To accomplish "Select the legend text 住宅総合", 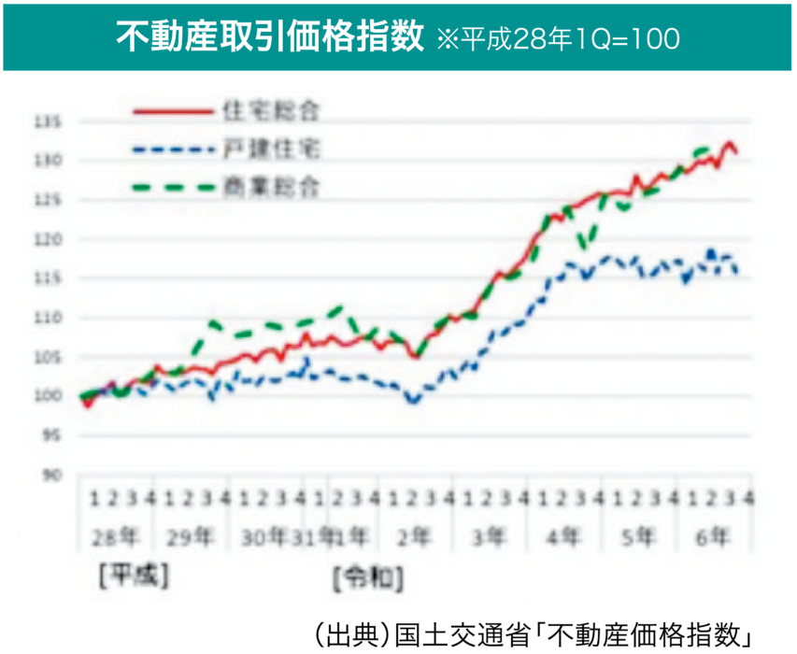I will (271, 110).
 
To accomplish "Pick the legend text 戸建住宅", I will (271, 149).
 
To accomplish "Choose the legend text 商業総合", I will (271, 187).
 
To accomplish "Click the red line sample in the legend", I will (174, 111).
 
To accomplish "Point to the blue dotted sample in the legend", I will (174, 149).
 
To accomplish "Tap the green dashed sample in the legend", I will (174, 188).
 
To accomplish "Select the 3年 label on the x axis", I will (487, 537).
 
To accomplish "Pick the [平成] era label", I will (134, 577).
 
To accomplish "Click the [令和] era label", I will (367, 579).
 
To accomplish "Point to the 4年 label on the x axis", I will (562, 537).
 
